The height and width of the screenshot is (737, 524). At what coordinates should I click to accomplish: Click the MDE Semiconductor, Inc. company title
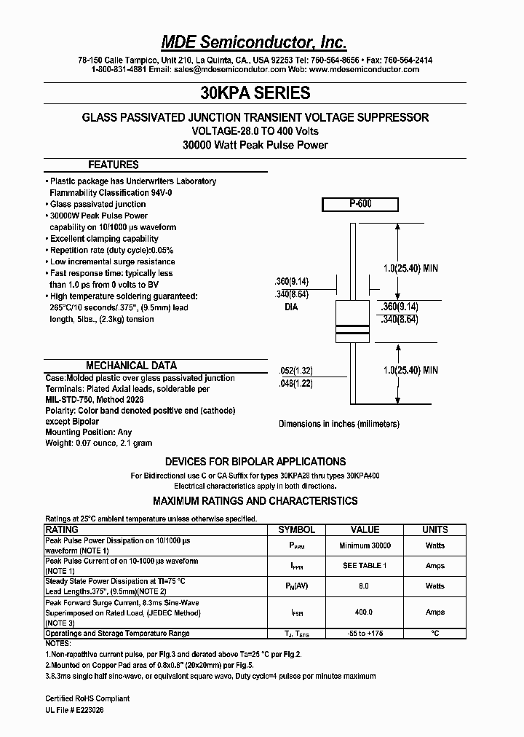pyautogui.click(x=254, y=42)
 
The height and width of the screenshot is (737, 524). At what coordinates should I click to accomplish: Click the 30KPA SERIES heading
pyautogui.click(x=255, y=93)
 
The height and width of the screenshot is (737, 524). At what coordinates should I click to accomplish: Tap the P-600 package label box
pyautogui.click(x=360, y=205)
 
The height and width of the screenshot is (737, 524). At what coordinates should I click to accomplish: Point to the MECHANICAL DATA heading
pyautogui.click(x=131, y=366)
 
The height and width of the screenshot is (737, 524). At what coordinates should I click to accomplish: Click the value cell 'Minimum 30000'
pyautogui.click(x=365, y=545)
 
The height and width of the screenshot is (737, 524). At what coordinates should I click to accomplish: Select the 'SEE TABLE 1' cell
pyautogui.click(x=365, y=565)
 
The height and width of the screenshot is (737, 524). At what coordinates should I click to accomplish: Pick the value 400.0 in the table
pyautogui.click(x=365, y=612)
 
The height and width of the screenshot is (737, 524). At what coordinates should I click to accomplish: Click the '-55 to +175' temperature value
pyautogui.click(x=365, y=634)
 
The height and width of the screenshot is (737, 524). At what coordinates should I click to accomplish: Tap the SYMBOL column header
pyautogui.click(x=297, y=529)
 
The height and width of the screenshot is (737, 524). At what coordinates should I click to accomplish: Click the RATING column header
pyautogui.click(x=62, y=529)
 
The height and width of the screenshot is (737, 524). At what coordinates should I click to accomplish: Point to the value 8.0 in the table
pyautogui.click(x=365, y=586)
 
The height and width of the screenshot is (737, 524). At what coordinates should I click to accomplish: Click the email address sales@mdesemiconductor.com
pyautogui.click(x=229, y=70)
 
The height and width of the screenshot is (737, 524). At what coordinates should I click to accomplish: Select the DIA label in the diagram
pyautogui.click(x=291, y=307)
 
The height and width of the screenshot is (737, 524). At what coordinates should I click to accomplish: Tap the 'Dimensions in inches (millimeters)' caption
pyautogui.click(x=339, y=424)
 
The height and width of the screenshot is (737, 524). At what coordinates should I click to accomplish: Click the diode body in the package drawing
pyautogui.click(x=353, y=321)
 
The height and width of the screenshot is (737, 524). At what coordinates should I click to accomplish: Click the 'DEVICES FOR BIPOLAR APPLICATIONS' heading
pyautogui.click(x=255, y=462)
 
